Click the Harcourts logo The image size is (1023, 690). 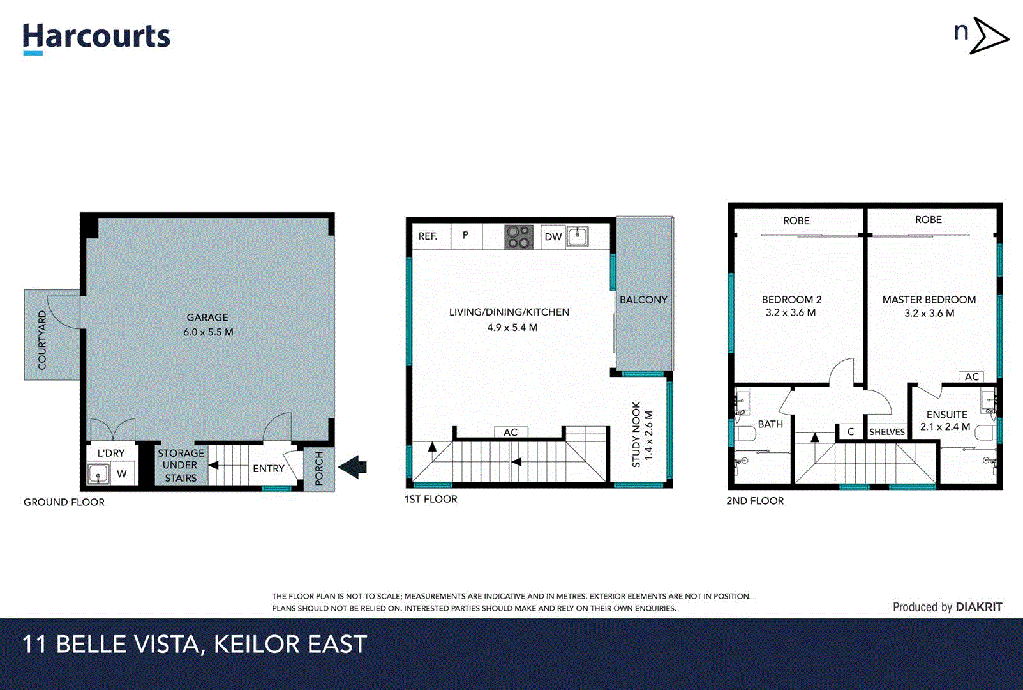96,37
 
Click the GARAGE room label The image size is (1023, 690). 207,318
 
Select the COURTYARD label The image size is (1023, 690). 42,340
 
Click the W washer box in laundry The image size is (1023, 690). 122,474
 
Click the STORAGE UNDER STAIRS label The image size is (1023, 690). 181,465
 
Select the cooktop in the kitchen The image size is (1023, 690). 519,237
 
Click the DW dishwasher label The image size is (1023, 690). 553,237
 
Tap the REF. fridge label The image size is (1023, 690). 428,236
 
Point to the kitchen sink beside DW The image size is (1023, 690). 578,236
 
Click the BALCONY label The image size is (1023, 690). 643,300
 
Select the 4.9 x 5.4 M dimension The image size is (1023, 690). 512,328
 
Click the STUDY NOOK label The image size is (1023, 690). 636,434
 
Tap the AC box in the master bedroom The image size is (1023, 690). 971,377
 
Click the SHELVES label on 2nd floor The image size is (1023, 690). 887,432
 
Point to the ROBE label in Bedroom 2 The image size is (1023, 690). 796,221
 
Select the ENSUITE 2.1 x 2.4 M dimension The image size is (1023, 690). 945,427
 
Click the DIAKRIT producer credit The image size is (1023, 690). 978,607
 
